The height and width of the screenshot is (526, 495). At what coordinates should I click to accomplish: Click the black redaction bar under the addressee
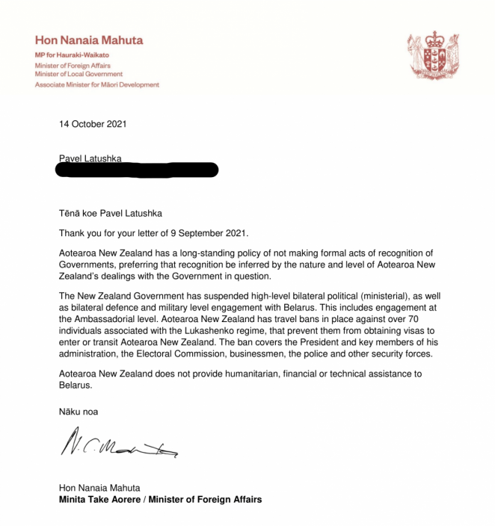coord(138,170)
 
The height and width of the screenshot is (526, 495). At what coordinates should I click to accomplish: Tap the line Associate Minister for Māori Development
coord(96,84)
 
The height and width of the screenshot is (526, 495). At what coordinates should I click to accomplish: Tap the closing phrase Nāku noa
coord(78,411)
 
